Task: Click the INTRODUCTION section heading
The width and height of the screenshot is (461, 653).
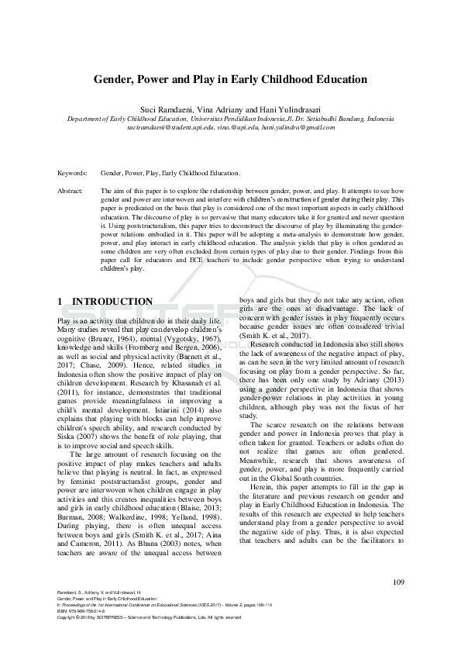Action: (112, 302)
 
